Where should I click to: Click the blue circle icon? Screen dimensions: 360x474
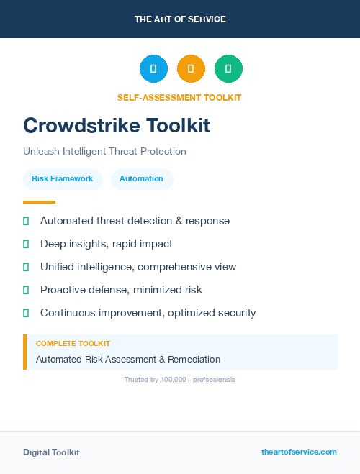pyautogui.click(x=153, y=68)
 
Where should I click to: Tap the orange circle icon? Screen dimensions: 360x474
pyautogui.click(x=191, y=68)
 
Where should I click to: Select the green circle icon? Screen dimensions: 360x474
pyautogui.click(x=228, y=68)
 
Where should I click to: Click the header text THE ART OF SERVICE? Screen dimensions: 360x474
pyautogui.click(x=180, y=19)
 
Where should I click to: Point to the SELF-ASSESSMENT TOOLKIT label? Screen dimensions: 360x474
pyautogui.click(x=179, y=97)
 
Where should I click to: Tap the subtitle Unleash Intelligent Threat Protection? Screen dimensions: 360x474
pyautogui.click(x=104, y=151)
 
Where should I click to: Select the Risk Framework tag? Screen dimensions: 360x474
pyautogui.click(x=63, y=179)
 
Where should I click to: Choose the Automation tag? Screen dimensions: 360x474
pyautogui.click(x=141, y=179)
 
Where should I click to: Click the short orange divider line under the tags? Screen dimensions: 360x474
pyautogui.click(x=39, y=202)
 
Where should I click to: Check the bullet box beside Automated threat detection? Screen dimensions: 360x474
pyautogui.click(x=26, y=221)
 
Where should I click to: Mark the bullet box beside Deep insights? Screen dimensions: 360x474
pyautogui.click(x=26, y=244)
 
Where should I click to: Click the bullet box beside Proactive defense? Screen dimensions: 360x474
pyautogui.click(x=26, y=290)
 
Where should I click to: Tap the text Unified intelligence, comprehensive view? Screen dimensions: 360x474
pyautogui.click(x=138, y=267)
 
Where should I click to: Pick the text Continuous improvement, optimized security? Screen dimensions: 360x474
pyautogui.click(x=148, y=313)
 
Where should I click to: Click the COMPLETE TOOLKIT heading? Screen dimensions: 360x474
pyautogui.click(x=73, y=344)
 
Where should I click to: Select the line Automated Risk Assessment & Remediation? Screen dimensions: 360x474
pyautogui.click(x=128, y=359)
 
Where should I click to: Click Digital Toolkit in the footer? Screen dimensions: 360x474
pyautogui.click(x=51, y=452)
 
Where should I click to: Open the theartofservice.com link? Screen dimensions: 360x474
pyautogui.click(x=299, y=452)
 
